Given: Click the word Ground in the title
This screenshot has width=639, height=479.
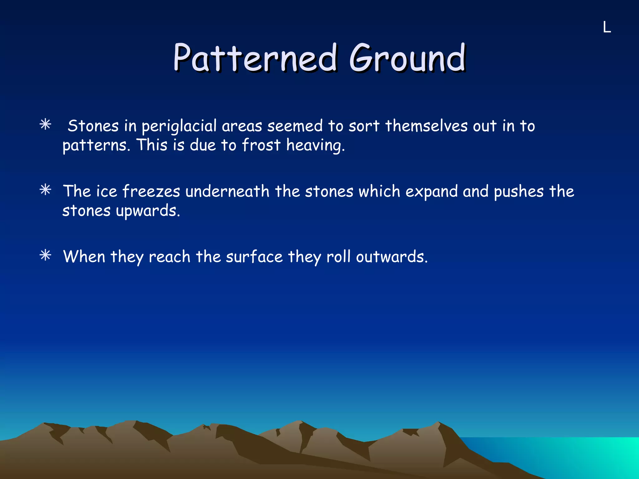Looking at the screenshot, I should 407,58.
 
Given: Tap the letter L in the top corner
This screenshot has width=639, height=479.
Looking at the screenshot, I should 607,27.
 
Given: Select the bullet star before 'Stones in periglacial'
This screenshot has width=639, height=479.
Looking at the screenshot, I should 46,125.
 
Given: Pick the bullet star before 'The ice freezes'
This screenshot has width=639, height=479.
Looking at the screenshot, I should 46,190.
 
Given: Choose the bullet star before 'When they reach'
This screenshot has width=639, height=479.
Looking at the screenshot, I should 46,255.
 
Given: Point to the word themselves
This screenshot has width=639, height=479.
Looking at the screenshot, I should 426,126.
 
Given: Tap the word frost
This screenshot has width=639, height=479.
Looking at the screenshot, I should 261,145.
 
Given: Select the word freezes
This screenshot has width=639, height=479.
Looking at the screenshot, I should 151,191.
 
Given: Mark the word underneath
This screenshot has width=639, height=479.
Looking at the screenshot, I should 227,191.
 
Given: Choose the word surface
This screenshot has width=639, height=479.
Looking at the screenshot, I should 254,257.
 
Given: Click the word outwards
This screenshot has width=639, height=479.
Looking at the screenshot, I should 391,257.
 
